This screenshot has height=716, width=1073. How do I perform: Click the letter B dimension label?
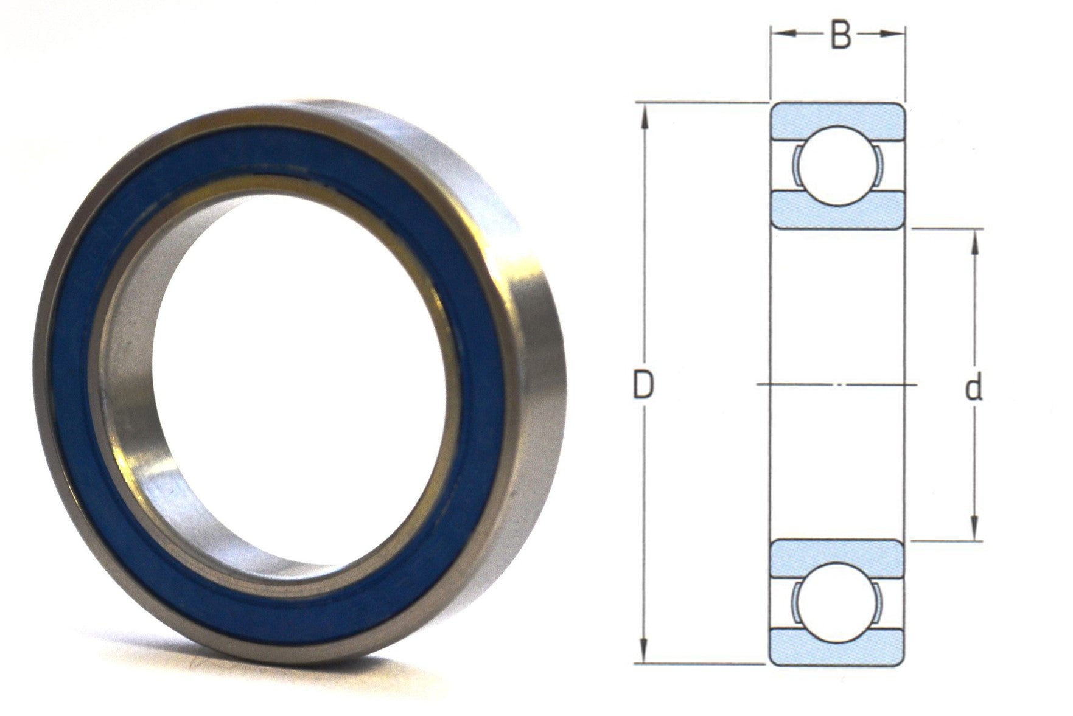[840, 36]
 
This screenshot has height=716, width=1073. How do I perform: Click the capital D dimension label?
[643, 386]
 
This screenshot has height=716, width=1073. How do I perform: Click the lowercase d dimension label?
[974, 389]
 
